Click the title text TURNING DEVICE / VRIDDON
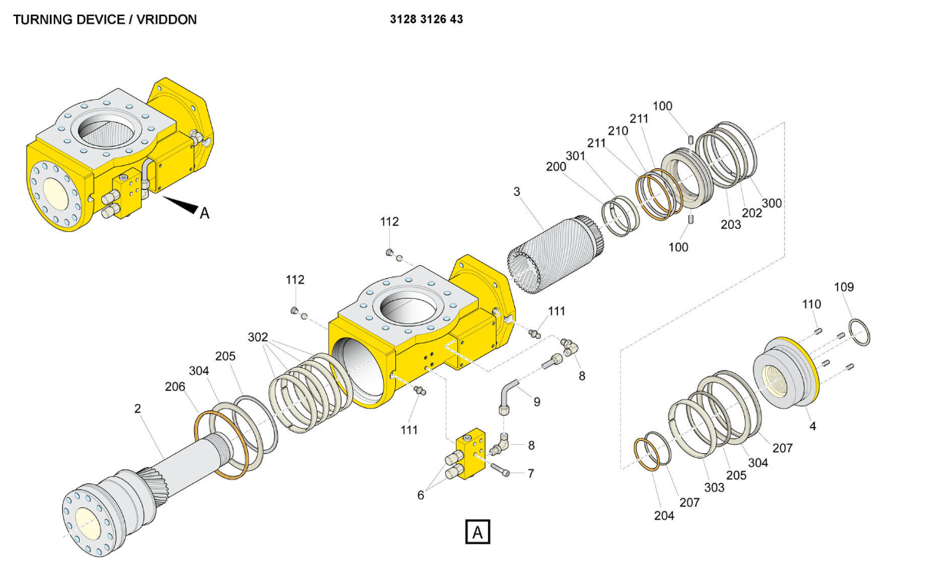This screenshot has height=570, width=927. point(104,20)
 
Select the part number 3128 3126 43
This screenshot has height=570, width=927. point(427,19)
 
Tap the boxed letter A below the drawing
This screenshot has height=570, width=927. point(477,532)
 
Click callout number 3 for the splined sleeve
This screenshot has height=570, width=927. point(517,191)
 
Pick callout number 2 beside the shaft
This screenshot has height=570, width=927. point(138,409)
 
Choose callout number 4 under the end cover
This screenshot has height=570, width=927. point(813,426)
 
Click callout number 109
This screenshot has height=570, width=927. point(844,287)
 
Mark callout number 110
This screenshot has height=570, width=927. point(812,304)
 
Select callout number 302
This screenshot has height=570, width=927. point(258,337)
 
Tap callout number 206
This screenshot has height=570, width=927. point(175,386)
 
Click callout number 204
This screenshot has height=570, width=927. point(664,515)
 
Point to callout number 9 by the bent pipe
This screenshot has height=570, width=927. point(537,401)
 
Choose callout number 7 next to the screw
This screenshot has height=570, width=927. point(530,473)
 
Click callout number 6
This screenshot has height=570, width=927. point(421,495)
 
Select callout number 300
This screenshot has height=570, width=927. point(772,203)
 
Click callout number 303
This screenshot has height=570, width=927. point(714,488)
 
